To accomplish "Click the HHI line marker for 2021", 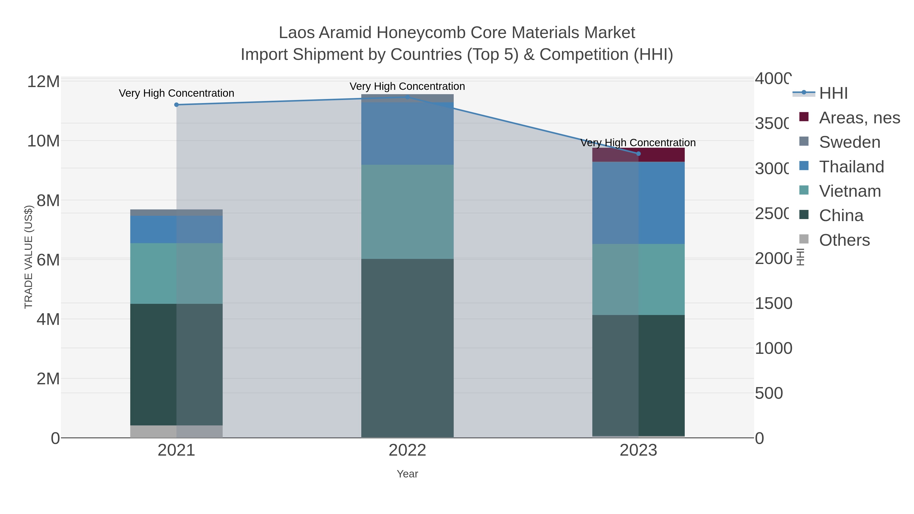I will click(x=176, y=105).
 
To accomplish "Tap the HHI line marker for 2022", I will click(x=407, y=97).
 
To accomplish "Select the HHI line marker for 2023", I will click(x=638, y=154).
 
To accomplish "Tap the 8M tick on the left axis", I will click(x=48, y=201).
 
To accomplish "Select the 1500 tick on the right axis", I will click(x=773, y=304).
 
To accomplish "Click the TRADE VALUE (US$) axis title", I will click(x=28, y=257).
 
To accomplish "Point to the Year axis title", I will click(x=407, y=474).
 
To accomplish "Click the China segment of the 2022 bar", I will click(x=407, y=348).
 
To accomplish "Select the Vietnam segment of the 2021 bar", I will click(x=176, y=273).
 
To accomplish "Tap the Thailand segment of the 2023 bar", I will click(x=638, y=203).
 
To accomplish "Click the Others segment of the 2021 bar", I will click(x=176, y=431).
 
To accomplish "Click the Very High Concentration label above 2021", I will click(x=176, y=93).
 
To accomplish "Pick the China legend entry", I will click(x=841, y=216).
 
